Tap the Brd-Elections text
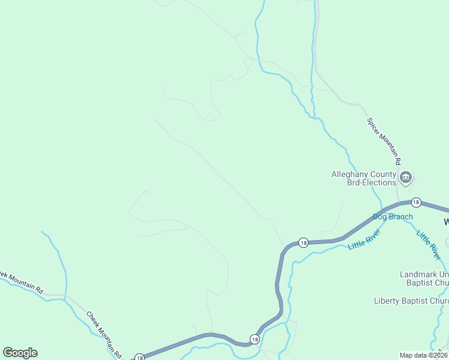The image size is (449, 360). point(372,182)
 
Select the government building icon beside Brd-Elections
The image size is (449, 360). point(406,177)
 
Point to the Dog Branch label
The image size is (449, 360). point(393,217)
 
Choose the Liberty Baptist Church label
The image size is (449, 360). point(411,301)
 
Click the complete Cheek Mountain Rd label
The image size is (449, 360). point(104,333)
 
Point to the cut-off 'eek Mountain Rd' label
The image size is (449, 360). point(22,283)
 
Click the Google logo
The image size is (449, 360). point(20,353)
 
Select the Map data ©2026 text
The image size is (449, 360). point(423,355)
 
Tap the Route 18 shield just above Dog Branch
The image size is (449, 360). point(416,202)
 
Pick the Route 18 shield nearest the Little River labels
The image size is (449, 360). point(304,242)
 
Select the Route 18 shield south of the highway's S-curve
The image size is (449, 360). point(255,340)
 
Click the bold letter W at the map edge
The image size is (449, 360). point(446,222)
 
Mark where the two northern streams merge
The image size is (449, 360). point(313,116)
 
